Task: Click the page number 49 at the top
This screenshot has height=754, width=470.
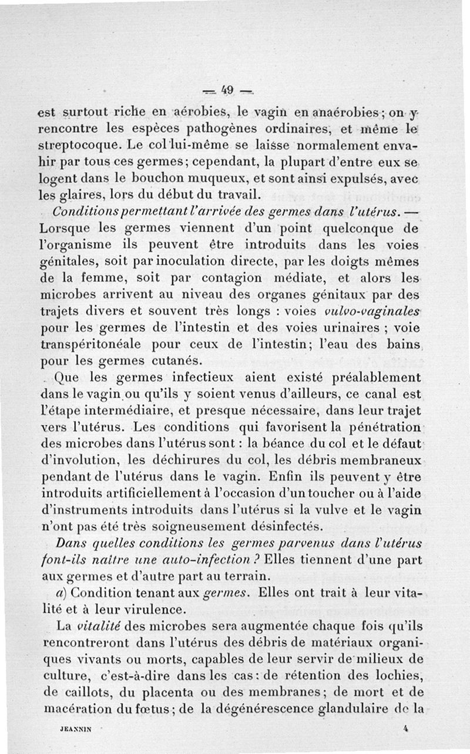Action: (228, 90)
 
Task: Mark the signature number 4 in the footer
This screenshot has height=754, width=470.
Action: (406, 726)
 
